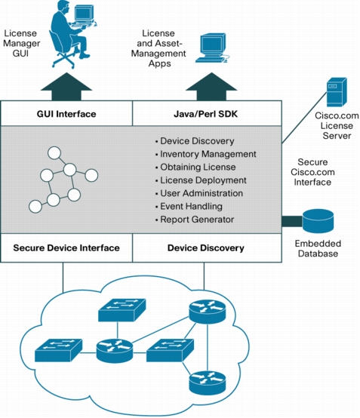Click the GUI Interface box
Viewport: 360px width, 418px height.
(66, 113)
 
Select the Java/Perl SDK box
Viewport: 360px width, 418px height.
(207, 113)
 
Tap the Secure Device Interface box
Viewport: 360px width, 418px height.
(66, 248)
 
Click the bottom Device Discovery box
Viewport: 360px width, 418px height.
(207, 248)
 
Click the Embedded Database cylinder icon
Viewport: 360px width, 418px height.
(318, 221)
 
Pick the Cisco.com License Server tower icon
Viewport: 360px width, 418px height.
(337, 92)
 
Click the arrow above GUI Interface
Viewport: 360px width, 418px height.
(66, 86)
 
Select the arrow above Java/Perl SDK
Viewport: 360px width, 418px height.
(211, 86)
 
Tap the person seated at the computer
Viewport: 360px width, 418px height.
(70, 33)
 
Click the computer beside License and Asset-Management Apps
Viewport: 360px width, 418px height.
(213, 48)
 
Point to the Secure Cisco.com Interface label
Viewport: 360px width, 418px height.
(312, 172)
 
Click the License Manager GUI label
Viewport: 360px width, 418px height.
(21, 43)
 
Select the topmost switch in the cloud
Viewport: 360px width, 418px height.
(122, 310)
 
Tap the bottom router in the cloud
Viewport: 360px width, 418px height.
(208, 383)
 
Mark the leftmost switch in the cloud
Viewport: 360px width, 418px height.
(58, 350)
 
